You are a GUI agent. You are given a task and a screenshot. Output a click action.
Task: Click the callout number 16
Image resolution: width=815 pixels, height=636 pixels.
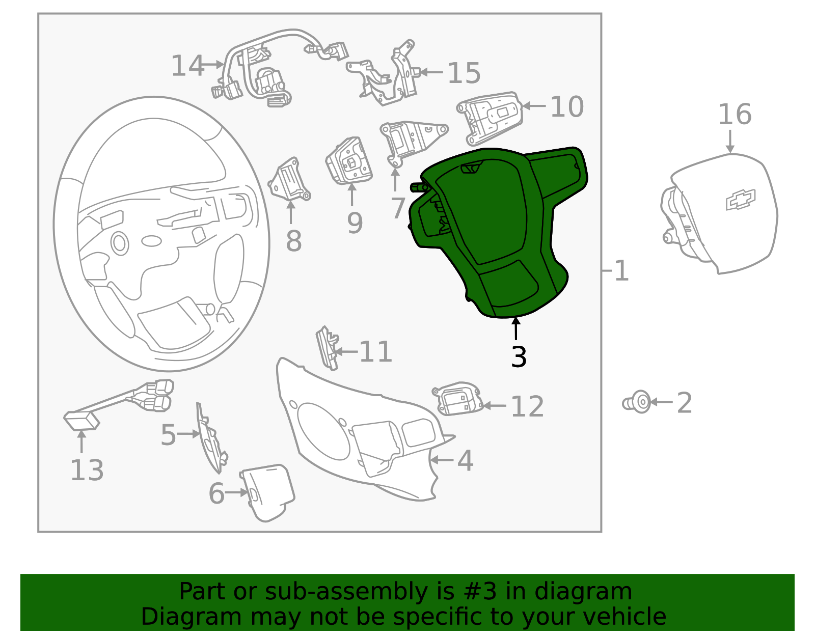[734, 115]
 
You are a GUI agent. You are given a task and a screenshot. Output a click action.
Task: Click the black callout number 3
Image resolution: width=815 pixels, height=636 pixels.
[519, 357]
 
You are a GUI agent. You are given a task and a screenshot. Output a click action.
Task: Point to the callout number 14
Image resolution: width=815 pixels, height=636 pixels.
[187, 66]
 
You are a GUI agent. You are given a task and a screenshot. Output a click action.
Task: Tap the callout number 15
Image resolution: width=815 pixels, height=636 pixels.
[464, 73]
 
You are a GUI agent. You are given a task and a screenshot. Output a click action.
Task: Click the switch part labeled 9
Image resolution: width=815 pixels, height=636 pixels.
[349, 160]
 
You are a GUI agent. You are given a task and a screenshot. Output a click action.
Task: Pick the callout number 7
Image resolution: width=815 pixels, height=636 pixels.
[397, 208]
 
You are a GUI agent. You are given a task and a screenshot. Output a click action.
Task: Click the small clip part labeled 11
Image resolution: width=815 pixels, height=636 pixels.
[327, 348]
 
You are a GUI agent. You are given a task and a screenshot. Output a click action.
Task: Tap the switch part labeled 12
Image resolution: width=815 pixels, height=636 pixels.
[457, 399]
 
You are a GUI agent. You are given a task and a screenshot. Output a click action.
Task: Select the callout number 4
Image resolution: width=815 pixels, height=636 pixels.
[465, 460]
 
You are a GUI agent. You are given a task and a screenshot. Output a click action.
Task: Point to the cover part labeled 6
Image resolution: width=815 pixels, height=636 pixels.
[267, 492]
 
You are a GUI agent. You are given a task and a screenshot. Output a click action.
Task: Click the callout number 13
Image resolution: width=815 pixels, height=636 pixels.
[87, 470]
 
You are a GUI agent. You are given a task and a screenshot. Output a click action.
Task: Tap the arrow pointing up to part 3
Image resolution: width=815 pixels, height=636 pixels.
[516, 328]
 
